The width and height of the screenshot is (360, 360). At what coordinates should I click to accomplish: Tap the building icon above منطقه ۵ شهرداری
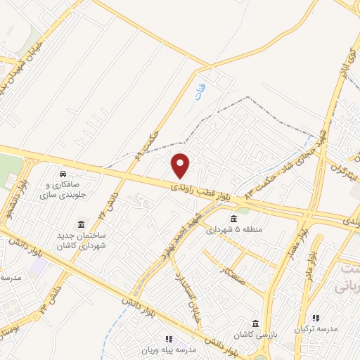click(x=233, y=219)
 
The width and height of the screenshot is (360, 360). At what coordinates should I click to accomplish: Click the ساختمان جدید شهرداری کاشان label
click(x=81, y=238)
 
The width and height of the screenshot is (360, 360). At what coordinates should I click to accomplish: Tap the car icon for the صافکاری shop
click(x=63, y=173)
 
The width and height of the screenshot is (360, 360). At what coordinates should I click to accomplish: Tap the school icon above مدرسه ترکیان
click(x=316, y=318)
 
